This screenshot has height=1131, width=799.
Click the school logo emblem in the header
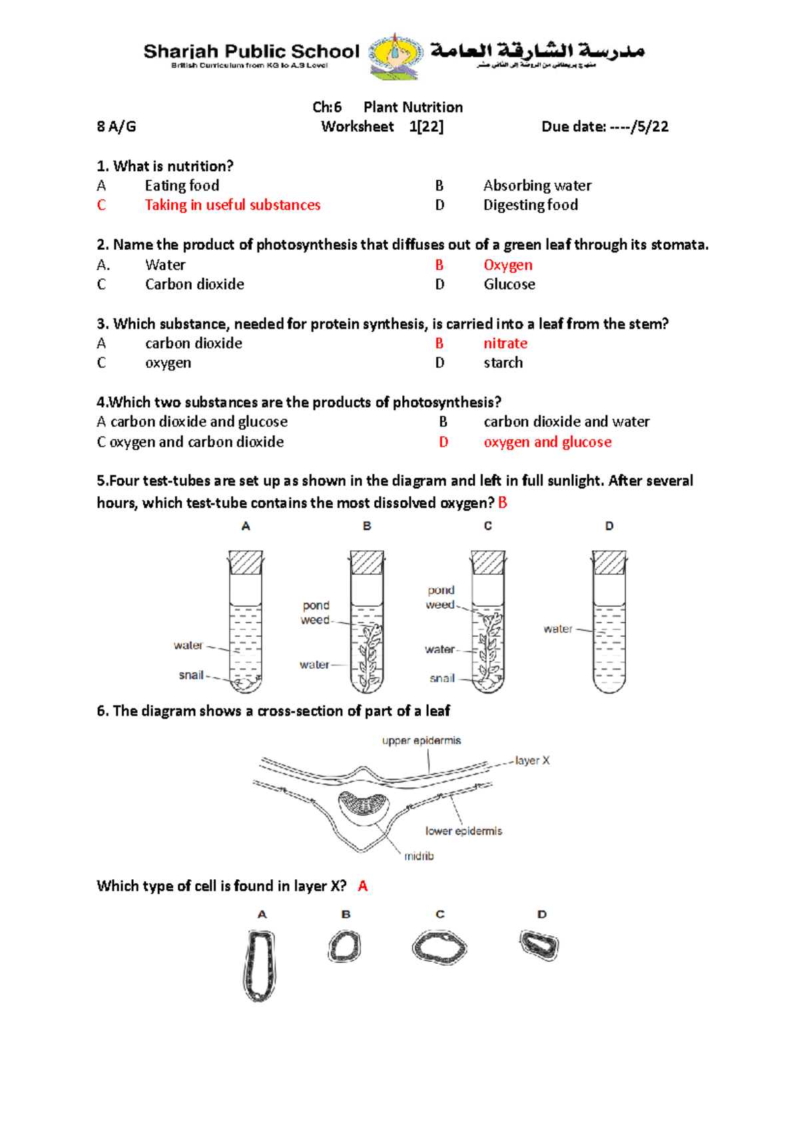tap(396, 57)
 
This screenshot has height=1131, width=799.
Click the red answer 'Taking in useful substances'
tap(232, 205)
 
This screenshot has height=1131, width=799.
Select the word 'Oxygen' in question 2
tap(507, 265)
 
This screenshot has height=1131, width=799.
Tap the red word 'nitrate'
tap(505, 344)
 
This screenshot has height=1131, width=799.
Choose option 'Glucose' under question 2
tap(509, 284)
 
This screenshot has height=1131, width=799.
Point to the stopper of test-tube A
tap(246, 563)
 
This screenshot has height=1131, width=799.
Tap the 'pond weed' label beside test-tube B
tap(316, 613)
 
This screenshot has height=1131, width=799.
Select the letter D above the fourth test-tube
tap(609, 526)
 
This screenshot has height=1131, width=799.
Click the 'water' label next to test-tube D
tap(557, 629)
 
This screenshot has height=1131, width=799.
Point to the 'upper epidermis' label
tap(421, 741)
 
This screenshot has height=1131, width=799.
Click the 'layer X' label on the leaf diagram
tap(532, 761)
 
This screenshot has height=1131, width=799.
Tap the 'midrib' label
tap(419, 856)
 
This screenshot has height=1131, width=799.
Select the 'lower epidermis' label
tap(463, 831)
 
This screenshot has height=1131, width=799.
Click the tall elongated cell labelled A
tap(259, 966)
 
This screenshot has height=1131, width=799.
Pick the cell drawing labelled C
tap(439, 947)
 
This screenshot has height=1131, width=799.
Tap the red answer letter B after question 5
tap(503, 503)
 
